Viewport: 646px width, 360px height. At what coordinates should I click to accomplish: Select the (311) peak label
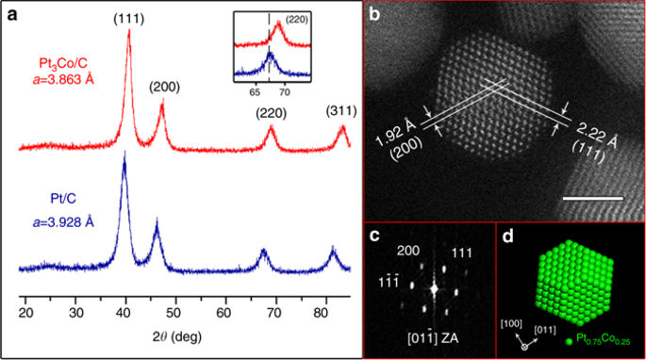pos(341,109)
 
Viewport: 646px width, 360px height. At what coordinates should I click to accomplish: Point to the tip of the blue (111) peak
pos(124,154)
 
